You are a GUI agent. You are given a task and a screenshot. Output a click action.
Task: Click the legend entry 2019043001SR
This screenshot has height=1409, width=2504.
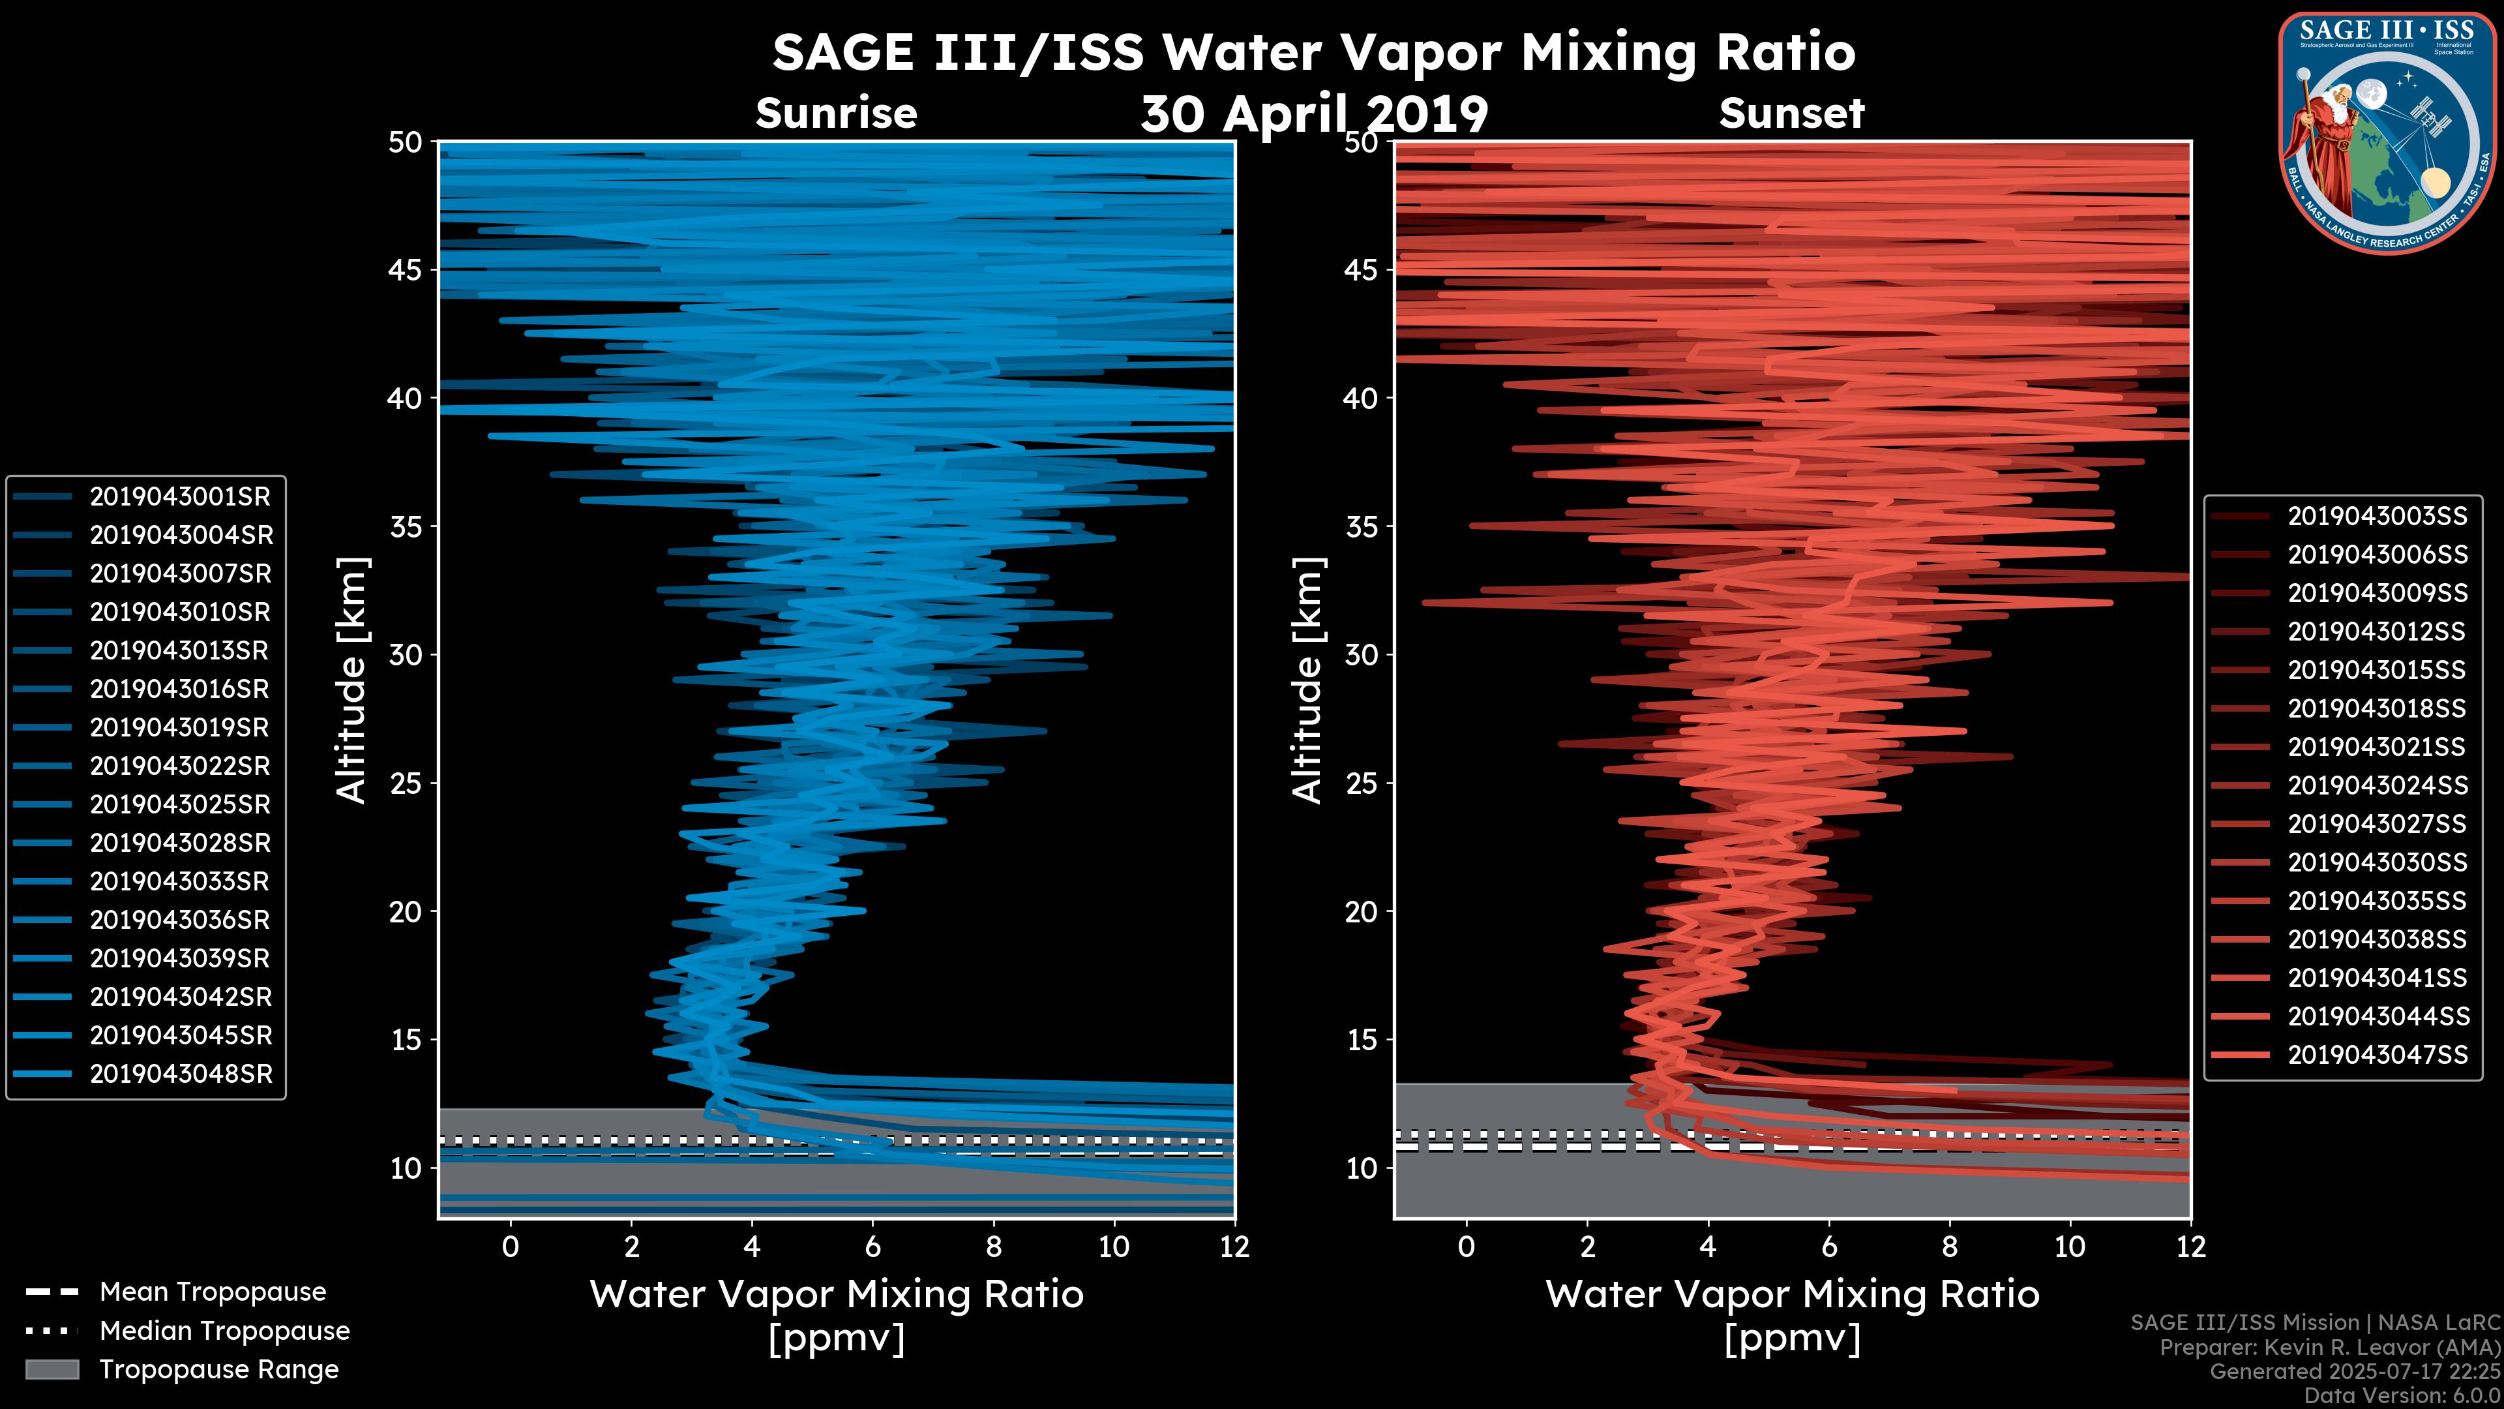(x=180, y=497)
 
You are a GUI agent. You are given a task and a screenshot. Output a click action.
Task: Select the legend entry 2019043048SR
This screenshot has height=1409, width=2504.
(x=181, y=1074)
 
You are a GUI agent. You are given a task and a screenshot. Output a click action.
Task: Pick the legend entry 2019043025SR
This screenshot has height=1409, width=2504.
(x=180, y=805)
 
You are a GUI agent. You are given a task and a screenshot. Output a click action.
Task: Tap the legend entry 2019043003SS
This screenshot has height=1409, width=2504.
(x=2377, y=517)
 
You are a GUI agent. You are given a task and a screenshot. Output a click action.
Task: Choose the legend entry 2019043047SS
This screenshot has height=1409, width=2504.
(x=2377, y=1055)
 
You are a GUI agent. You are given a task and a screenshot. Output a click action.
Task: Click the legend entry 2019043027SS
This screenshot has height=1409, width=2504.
(x=2377, y=825)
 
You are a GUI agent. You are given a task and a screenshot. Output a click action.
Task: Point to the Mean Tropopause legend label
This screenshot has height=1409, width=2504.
(x=212, y=1292)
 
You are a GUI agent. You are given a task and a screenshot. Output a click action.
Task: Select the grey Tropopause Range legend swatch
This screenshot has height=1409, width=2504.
(x=52, y=1370)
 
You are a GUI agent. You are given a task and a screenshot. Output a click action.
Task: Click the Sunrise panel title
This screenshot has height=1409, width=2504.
(x=836, y=114)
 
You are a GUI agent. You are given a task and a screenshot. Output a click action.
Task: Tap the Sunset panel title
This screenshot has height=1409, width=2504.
(x=1791, y=114)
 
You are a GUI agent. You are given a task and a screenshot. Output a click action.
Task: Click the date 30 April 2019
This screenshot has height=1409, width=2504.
(x=1314, y=115)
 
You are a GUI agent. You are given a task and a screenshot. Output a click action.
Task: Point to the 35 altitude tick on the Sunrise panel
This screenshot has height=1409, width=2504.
(x=406, y=527)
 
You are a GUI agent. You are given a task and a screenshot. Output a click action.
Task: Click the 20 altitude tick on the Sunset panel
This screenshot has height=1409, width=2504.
(x=1362, y=912)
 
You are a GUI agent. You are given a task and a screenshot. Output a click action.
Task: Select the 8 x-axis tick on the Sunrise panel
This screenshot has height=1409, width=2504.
(x=993, y=1247)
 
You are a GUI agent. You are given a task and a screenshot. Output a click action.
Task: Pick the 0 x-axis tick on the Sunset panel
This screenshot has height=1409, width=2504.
(x=1466, y=1247)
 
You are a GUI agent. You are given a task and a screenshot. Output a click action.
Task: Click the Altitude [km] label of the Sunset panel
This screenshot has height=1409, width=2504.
(x=1307, y=680)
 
